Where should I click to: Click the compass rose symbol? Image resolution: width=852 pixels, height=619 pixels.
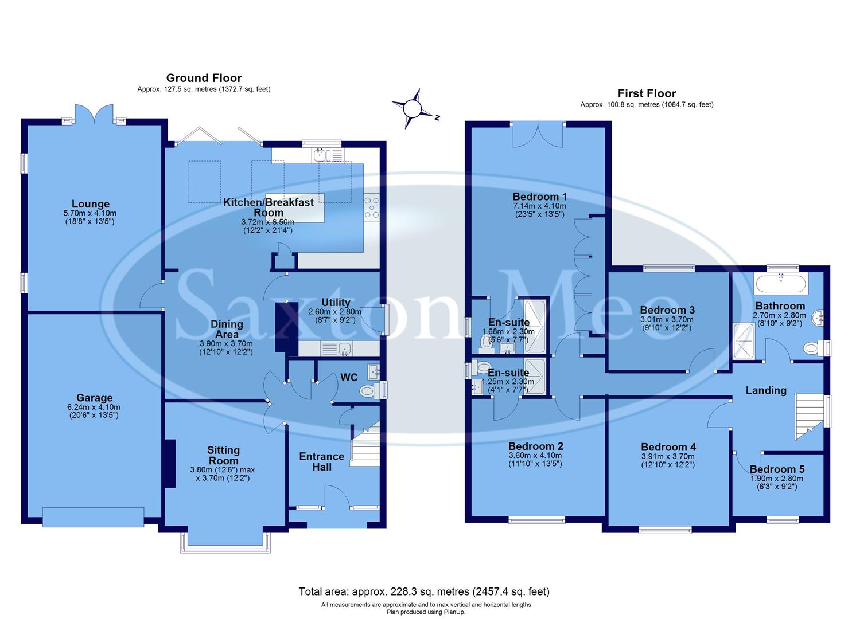pos(412,108)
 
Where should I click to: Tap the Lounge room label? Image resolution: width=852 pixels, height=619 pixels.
pos(91,204)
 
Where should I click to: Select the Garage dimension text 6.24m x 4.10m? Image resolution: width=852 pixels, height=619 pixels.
pos(95,408)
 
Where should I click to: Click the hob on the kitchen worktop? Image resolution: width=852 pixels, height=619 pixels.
pos(371,207)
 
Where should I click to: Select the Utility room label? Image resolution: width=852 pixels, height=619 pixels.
pos(336,303)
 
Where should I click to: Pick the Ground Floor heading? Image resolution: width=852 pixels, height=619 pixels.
pos(204,78)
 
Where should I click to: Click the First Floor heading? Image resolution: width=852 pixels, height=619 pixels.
pos(647,93)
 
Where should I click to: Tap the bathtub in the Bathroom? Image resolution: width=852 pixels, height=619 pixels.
pos(781,283)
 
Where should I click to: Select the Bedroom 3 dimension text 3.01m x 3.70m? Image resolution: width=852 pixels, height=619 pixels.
pos(667,320)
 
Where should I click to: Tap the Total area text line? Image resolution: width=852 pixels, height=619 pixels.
pos(424,591)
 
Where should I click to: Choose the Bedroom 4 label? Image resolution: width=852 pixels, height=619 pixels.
pos(668,447)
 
